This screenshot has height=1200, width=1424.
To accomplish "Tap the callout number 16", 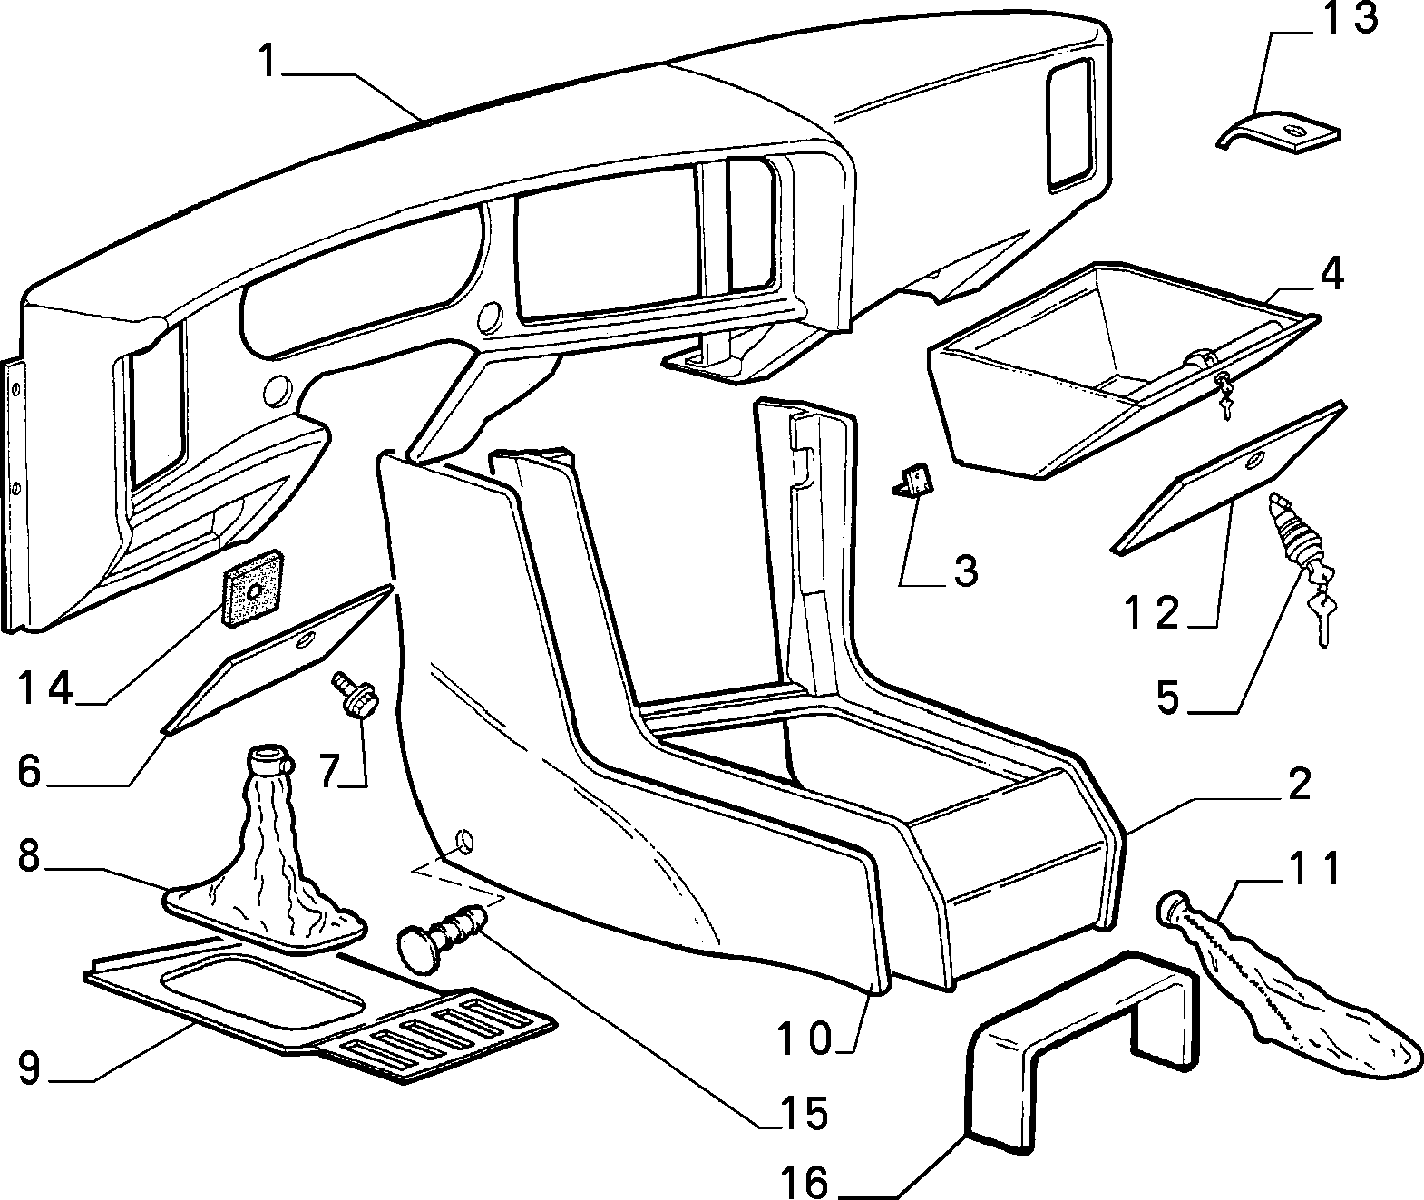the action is (x=805, y=1179).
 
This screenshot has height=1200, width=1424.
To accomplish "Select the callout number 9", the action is (x=29, y=1068).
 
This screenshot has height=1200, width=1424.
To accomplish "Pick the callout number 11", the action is (x=1314, y=870).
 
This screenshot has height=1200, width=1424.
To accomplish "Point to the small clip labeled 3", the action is (x=912, y=480).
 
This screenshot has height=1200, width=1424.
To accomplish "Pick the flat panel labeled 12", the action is (x=1227, y=477).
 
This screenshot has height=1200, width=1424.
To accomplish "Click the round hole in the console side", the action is (x=463, y=842).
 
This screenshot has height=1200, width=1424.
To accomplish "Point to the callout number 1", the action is (x=268, y=61).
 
